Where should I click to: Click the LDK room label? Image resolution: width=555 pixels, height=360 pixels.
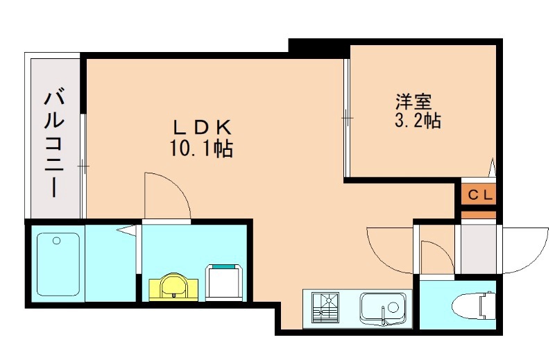coord(202,128)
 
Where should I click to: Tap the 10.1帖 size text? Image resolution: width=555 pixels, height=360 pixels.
coord(201,148)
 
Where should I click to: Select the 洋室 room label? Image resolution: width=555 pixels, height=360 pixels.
coord(413,101)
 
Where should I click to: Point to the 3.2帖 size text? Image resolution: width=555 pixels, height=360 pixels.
coord(418,121)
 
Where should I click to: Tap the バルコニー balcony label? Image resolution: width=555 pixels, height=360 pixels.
coord(54,144)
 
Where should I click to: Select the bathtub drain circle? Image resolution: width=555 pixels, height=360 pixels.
coord(56,241)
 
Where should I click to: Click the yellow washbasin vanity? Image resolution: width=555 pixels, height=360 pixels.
coord(173,287)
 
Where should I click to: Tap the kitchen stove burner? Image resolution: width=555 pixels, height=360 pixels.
coord(325,307)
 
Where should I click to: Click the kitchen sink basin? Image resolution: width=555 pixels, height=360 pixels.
coord(383,308)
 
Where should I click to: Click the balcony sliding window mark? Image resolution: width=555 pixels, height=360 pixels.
coord(83,166)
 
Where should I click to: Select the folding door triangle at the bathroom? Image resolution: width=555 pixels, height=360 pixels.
coord(128,231)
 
